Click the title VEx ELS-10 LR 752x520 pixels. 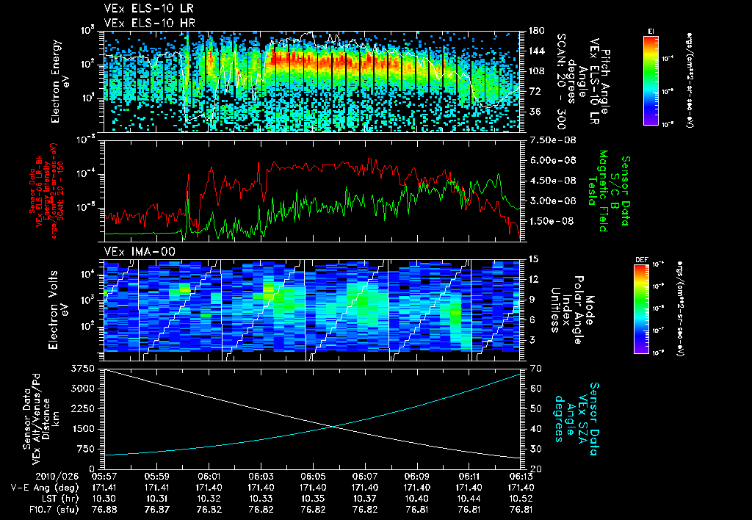pos(142,8)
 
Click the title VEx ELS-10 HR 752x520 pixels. pos(142,23)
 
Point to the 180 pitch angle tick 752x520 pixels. pos(534,31)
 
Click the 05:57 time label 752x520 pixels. pos(104,477)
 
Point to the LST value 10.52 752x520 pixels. pos(521,499)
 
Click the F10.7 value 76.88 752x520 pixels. pos(104,510)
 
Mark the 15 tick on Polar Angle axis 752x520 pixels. pos(532,259)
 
